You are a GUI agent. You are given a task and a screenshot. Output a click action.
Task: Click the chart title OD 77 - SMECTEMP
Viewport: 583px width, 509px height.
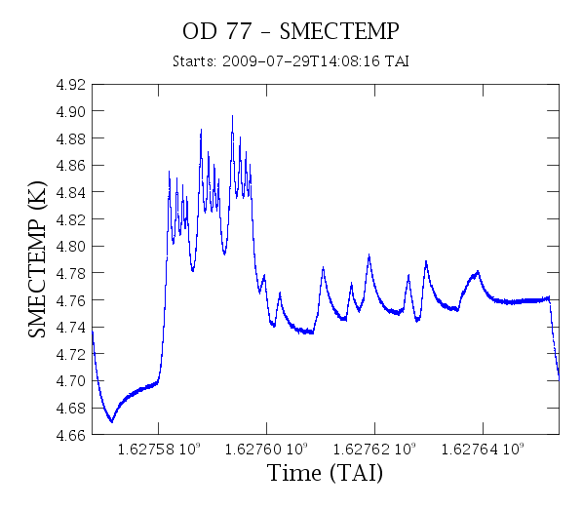point(291,31)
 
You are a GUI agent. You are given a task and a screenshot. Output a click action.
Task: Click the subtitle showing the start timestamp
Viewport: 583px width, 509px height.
point(291,61)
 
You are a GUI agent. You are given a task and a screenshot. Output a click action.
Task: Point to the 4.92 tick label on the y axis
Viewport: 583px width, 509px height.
point(70,85)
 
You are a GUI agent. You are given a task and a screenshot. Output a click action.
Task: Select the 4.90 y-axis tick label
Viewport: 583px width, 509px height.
point(70,111)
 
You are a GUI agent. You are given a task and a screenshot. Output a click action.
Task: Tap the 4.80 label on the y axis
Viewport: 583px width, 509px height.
point(70,246)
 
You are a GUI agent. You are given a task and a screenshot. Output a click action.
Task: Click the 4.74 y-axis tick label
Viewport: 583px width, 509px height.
point(70,328)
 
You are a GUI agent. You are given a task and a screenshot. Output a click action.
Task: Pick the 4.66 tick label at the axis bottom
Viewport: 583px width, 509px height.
point(70,435)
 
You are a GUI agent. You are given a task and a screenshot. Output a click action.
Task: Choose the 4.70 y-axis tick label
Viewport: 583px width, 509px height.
point(70,381)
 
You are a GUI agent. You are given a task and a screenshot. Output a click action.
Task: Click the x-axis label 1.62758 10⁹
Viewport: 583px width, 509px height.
point(159,450)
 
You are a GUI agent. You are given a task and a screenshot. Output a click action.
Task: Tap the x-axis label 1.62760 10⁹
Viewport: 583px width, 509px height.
point(266,450)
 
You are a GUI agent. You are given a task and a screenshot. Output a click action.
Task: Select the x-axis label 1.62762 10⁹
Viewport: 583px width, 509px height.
point(374,450)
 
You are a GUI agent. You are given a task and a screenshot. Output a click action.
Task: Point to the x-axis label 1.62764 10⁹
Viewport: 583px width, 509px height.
point(483,450)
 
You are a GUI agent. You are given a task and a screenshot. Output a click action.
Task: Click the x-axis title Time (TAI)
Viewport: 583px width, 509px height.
point(325,473)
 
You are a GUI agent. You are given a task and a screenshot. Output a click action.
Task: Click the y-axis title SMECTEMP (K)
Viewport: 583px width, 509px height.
point(37,259)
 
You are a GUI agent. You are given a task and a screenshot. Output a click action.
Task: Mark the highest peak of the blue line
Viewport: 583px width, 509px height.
point(233,116)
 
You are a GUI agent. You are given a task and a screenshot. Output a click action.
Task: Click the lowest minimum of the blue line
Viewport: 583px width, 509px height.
point(111,421)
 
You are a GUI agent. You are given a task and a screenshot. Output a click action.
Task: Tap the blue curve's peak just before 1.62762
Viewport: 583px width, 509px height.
point(369,254)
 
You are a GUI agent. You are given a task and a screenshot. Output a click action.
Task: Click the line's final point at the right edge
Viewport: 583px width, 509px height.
point(559,379)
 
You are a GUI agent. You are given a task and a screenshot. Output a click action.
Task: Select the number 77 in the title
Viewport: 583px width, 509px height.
point(239,31)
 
